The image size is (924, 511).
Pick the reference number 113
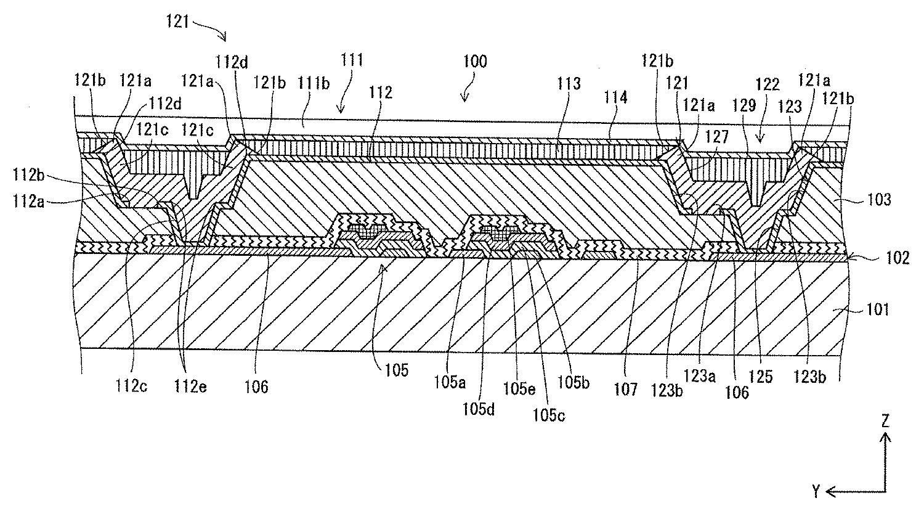[570, 83]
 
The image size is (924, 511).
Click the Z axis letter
[886, 422]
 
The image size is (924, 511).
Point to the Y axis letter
[817, 491]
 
